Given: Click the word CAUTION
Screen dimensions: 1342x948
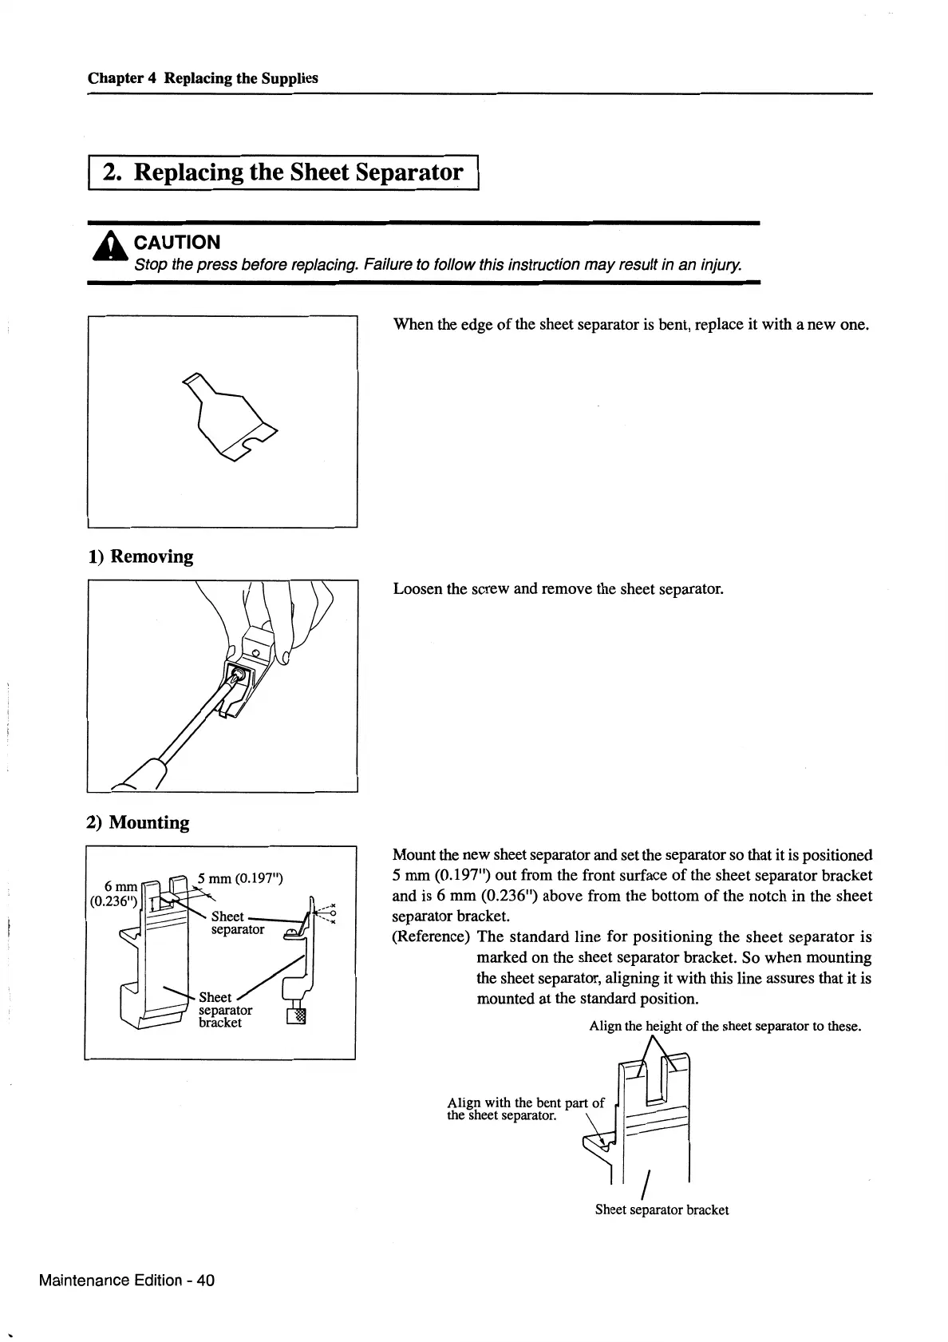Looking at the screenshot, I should coord(177,242).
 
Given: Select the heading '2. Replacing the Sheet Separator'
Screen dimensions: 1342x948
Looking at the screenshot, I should coord(283,172).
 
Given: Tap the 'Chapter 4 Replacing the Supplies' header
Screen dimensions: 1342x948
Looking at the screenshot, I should coord(203,78).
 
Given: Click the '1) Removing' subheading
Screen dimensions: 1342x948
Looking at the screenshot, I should coord(140,556).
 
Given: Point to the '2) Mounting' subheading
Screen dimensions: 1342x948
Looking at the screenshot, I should coord(138,822).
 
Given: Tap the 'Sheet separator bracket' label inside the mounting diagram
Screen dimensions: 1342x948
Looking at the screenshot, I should coord(225,1010).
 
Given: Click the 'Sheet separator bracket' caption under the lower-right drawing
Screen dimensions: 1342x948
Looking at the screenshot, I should coord(662,1209).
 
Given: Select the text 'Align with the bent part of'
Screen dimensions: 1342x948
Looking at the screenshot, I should coord(526,1103).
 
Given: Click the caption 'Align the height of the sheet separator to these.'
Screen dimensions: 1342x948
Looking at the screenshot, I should coord(725,1026).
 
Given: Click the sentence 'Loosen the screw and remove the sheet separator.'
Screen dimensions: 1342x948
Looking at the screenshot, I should coord(558,589).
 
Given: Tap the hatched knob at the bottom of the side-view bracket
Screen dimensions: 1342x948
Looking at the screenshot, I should coord(299,1015).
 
